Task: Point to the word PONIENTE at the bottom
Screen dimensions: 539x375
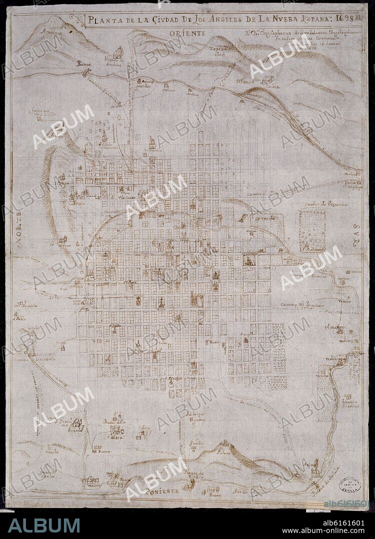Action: pyautogui.click(x=162, y=492)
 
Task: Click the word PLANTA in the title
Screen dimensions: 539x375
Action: pyautogui.click(x=104, y=21)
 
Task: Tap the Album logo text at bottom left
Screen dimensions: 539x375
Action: pyautogui.click(x=44, y=525)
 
